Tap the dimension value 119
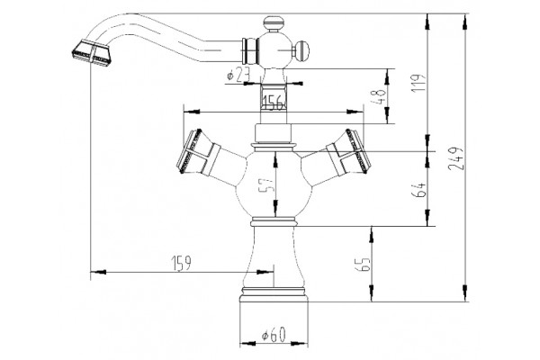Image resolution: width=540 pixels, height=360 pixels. click(x=419, y=83)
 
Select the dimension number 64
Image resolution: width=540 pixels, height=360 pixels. click(x=418, y=189)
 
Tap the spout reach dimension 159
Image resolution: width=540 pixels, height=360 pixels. click(x=181, y=263)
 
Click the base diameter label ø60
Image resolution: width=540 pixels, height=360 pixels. click(x=274, y=335)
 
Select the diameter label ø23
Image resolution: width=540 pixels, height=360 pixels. click(x=238, y=75)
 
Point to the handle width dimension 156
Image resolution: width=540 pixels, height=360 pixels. click(x=274, y=103)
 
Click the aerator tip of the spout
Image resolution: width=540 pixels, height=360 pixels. click(x=92, y=53)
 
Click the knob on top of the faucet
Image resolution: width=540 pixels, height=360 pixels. click(x=274, y=23)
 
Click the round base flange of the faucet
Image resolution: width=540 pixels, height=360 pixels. click(x=274, y=294)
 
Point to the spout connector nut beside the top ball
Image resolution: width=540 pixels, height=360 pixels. click(x=250, y=50)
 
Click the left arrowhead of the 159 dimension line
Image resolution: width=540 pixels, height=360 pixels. click(x=98, y=272)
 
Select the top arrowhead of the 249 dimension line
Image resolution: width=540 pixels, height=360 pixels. click(x=465, y=22)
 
